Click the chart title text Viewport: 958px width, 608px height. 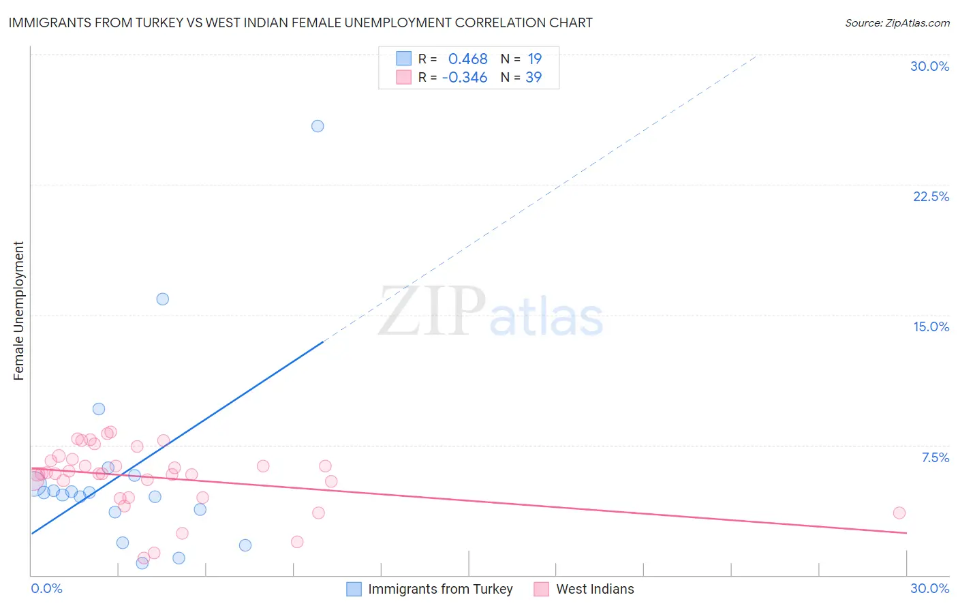[x=300, y=22]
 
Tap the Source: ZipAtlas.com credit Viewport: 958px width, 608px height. [x=897, y=22]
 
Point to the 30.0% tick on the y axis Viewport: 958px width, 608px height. [x=929, y=66]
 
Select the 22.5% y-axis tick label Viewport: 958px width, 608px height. [x=931, y=196]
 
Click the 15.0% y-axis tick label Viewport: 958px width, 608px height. [x=931, y=326]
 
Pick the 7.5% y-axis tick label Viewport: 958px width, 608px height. [x=935, y=457]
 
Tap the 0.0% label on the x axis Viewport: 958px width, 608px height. [x=46, y=588]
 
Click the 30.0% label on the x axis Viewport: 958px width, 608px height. [x=929, y=588]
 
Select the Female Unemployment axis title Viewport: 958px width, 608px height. [x=18, y=311]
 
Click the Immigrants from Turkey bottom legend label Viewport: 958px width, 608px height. [x=440, y=589]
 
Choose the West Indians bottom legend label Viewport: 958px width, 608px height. [x=595, y=589]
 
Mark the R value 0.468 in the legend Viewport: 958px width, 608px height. [x=467, y=59]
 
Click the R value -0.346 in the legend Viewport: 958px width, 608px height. [x=465, y=78]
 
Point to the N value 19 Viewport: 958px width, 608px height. [x=534, y=59]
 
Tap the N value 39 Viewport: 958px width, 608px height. [x=534, y=78]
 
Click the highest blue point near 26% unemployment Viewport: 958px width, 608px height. [x=318, y=126]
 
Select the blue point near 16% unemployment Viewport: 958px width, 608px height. [x=162, y=299]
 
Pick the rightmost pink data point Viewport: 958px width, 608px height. [x=899, y=513]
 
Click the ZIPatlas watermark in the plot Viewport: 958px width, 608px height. [x=491, y=312]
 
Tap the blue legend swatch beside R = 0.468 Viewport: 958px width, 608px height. [x=404, y=59]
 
